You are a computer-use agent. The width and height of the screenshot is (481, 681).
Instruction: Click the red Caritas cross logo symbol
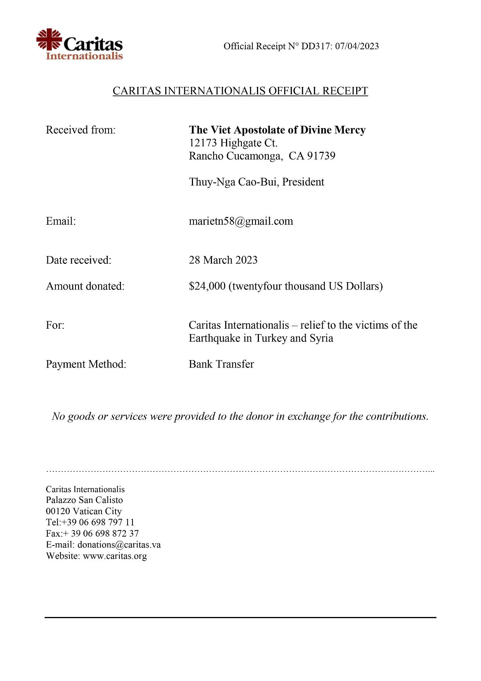point(49,39)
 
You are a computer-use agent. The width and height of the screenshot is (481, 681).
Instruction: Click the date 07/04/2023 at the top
point(357,46)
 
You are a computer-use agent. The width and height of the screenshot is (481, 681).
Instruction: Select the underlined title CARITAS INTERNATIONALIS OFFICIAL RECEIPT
point(240,91)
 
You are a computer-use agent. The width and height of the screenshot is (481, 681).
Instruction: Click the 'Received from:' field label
point(81,130)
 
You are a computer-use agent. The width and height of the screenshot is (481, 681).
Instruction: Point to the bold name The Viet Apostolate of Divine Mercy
point(277,130)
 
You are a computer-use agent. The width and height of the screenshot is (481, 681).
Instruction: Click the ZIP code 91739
point(321,156)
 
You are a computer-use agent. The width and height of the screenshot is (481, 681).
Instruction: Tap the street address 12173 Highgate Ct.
point(233,143)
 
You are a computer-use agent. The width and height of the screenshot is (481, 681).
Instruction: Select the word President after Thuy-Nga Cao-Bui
point(303,182)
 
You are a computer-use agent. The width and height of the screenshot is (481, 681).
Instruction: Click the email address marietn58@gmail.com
point(241,221)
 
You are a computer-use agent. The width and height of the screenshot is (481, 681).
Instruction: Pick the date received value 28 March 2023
point(223,260)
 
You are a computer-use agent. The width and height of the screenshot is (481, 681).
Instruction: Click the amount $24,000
point(207,286)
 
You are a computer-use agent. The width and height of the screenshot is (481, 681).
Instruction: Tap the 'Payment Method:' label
point(86,364)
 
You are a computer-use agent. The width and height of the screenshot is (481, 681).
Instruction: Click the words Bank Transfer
point(221,364)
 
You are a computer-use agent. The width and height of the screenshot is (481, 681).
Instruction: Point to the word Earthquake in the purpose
point(214,338)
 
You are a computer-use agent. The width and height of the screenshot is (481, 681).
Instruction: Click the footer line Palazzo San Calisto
point(84,500)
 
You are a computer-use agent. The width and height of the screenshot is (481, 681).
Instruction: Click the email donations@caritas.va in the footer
point(119,545)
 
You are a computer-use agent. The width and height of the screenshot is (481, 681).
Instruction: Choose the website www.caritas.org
point(115,556)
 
